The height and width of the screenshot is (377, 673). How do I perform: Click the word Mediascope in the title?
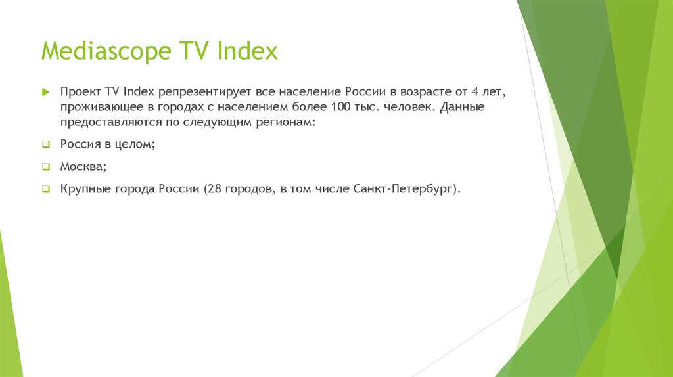106,51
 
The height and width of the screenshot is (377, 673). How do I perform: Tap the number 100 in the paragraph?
338,106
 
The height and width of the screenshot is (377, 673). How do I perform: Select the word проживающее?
99,106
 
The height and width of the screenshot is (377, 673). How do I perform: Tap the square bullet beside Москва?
45,167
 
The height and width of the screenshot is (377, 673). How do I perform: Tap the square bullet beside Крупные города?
45,189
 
